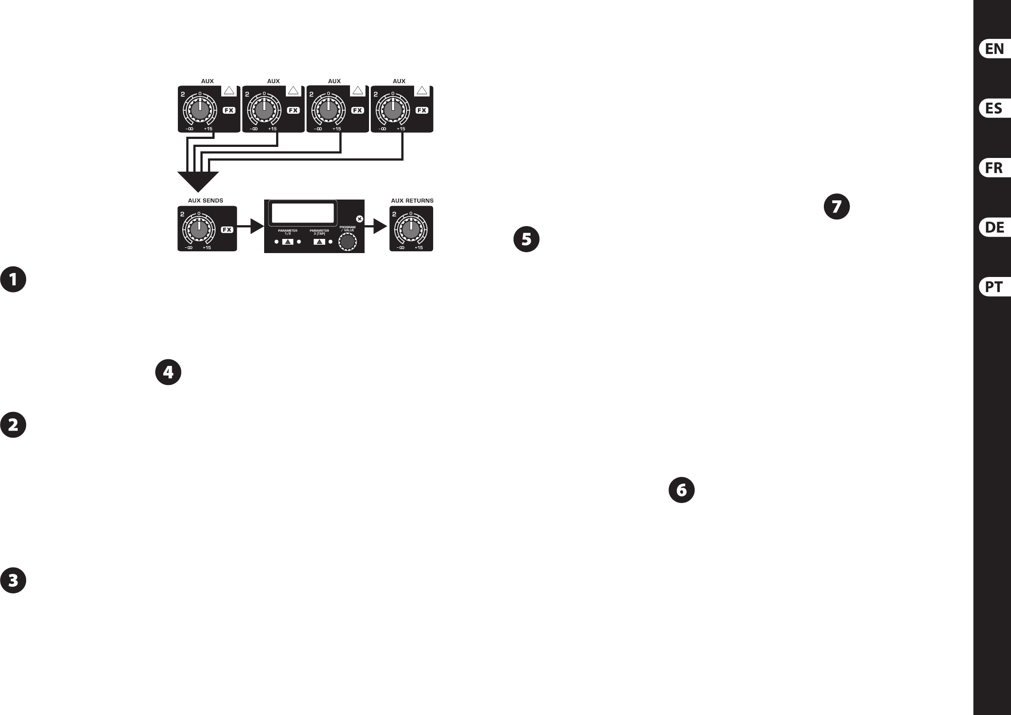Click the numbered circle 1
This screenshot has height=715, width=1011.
click(x=13, y=279)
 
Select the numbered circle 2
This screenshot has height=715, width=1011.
click(x=13, y=425)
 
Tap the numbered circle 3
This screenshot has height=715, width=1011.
click(x=13, y=580)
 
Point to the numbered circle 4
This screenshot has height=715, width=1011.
click(x=169, y=373)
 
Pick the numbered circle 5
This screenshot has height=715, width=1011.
click(x=526, y=239)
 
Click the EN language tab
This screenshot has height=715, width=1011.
click(x=994, y=49)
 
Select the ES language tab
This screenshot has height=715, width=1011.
click(x=994, y=108)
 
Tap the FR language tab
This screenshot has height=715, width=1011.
click(x=994, y=168)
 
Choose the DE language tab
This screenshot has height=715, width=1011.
click(x=994, y=227)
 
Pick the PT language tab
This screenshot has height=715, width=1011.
click(x=994, y=287)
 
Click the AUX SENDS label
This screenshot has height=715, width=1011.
click(x=205, y=200)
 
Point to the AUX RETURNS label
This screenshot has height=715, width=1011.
click(x=412, y=200)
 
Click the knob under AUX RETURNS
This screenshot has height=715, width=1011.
click(x=411, y=230)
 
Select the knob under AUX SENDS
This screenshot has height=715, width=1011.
click(x=199, y=230)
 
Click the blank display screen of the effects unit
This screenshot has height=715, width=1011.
click(x=303, y=213)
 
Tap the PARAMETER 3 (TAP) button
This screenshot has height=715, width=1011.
click(x=319, y=242)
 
